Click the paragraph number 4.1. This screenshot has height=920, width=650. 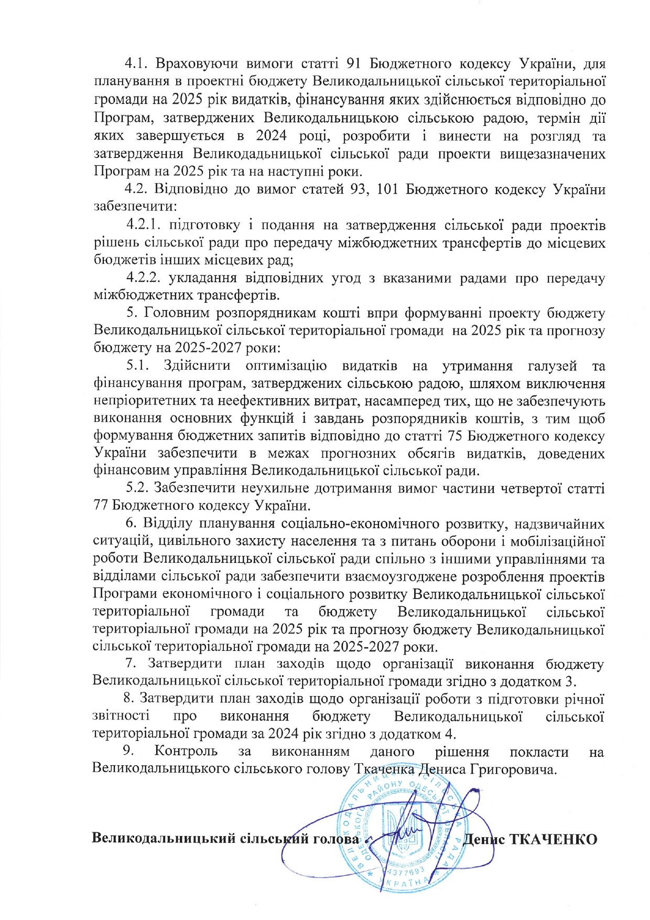pyautogui.click(x=138, y=64)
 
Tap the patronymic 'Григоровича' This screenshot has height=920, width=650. pyautogui.click(x=512, y=769)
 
